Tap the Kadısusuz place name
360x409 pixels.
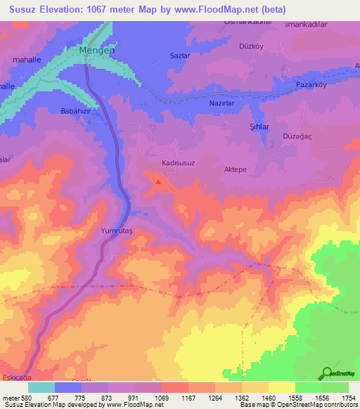[x=177, y=162]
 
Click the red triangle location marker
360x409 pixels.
[x=158, y=182]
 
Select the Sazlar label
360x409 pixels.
[x=181, y=53]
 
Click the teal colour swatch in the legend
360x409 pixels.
[x=41, y=387]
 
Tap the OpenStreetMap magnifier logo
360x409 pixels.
[x=327, y=372]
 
